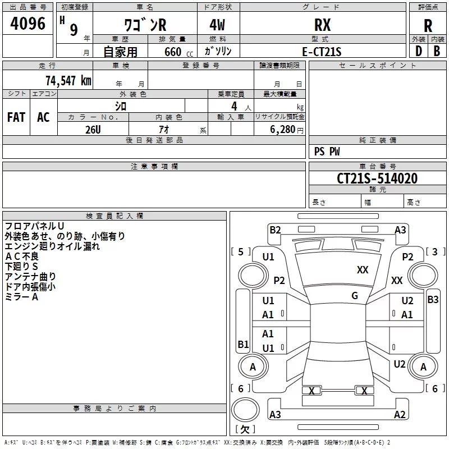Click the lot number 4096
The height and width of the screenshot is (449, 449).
28,24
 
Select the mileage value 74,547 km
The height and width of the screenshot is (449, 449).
68,81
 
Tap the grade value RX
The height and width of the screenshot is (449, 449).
322,25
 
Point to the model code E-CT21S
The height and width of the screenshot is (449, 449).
322,52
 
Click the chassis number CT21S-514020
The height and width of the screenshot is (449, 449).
377,178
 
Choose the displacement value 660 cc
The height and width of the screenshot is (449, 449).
178,52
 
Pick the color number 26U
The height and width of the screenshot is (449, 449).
93,130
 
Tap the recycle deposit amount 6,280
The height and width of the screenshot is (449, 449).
282,130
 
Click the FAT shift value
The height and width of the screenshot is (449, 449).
16,117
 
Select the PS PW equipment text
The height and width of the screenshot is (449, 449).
327,152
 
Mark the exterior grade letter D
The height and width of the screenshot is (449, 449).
419,51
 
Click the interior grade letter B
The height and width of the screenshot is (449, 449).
437,51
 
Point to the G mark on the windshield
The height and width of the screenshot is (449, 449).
355,296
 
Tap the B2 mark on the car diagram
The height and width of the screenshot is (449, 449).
275,230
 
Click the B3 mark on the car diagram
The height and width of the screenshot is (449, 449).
433,300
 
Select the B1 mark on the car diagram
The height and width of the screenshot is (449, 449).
243,344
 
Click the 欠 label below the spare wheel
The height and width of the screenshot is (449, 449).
245,429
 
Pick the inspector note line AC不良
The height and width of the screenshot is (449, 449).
22,256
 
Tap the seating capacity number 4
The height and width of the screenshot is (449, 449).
234,106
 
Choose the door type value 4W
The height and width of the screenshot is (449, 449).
217,25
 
